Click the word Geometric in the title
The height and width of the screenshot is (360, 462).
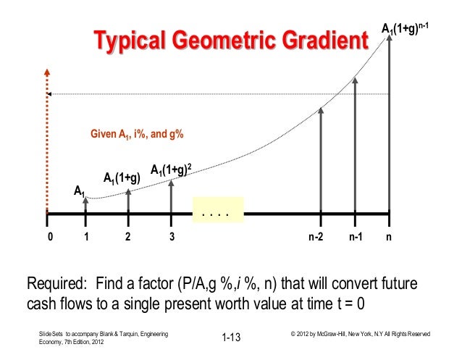(238, 42)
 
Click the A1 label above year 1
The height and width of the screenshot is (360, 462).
(80, 191)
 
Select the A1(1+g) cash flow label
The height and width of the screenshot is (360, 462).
(121, 177)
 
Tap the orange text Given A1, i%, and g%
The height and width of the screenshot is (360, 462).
(137, 135)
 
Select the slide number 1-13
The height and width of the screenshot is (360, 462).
(231, 337)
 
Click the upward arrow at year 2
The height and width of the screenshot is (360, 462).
(128, 201)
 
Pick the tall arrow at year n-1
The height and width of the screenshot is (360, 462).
(355, 145)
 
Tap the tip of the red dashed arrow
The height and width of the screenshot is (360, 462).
(47, 71)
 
